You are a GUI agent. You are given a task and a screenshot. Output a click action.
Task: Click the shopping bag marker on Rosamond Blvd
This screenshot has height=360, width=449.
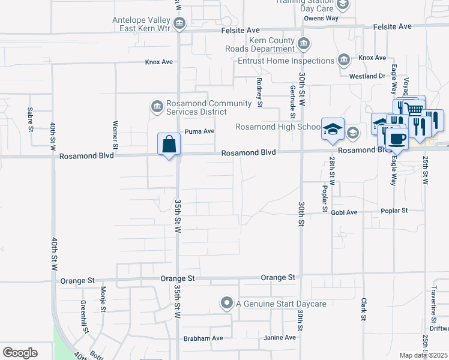[169, 145]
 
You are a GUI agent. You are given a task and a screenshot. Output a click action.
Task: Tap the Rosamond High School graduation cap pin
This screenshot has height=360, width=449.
[332, 130]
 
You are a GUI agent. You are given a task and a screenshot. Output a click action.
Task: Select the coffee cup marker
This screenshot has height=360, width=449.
[396, 139]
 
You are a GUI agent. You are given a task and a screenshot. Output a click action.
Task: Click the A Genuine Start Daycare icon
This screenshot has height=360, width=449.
[226, 303]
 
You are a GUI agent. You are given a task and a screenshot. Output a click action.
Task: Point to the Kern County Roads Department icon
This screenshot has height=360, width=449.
[304, 43]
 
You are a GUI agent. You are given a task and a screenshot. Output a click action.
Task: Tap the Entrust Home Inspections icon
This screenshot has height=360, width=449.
[343, 59]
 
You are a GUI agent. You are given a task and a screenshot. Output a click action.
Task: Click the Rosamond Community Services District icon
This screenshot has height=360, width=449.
[157, 107]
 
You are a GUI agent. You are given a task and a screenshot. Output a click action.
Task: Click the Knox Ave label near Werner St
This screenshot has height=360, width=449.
[158, 62]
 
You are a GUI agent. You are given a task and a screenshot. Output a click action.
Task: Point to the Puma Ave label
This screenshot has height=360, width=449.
[199, 131]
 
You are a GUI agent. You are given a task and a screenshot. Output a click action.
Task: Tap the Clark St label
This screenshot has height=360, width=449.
[363, 309]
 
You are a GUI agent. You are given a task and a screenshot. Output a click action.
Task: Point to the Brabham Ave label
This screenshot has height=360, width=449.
[203, 338]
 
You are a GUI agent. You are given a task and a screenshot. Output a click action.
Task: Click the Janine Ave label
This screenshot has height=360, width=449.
[280, 338]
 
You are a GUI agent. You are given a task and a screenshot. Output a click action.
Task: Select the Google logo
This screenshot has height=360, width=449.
[20, 352]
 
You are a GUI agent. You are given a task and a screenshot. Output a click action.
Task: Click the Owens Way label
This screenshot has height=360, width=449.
[321, 18]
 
